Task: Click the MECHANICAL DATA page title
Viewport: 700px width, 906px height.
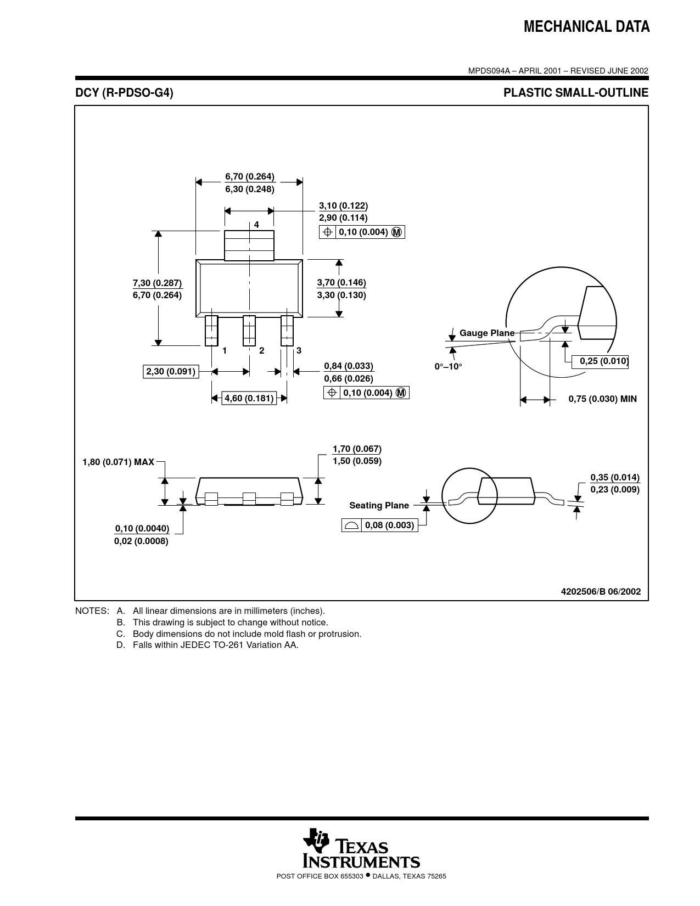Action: point(586,27)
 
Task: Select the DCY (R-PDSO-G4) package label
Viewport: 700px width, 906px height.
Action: point(124,93)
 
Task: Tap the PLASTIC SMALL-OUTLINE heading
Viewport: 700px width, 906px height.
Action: point(576,93)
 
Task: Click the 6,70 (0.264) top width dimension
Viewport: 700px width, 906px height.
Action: point(250,176)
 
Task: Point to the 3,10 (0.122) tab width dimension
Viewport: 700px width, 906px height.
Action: point(344,205)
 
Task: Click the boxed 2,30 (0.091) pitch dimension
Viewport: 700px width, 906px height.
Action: point(171,371)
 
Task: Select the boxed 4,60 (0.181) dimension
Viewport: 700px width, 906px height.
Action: point(249,398)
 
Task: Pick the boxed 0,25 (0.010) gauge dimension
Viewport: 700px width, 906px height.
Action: point(600,361)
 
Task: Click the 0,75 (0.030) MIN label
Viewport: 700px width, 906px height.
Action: point(602,399)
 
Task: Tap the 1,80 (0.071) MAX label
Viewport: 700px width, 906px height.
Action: point(119,462)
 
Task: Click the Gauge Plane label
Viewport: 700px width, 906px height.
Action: point(487,333)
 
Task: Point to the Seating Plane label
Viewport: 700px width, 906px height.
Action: point(379,505)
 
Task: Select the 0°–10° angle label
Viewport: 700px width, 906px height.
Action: point(448,366)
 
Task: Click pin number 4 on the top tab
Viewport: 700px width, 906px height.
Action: point(256,225)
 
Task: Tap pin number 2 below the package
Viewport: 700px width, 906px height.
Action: point(262,351)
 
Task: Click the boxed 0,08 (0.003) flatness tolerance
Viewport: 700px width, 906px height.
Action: point(380,525)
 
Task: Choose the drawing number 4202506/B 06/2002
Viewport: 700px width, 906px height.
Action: point(601,591)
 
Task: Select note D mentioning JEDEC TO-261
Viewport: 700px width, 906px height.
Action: point(207,645)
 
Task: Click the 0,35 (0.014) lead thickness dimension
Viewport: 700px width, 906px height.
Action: point(615,477)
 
